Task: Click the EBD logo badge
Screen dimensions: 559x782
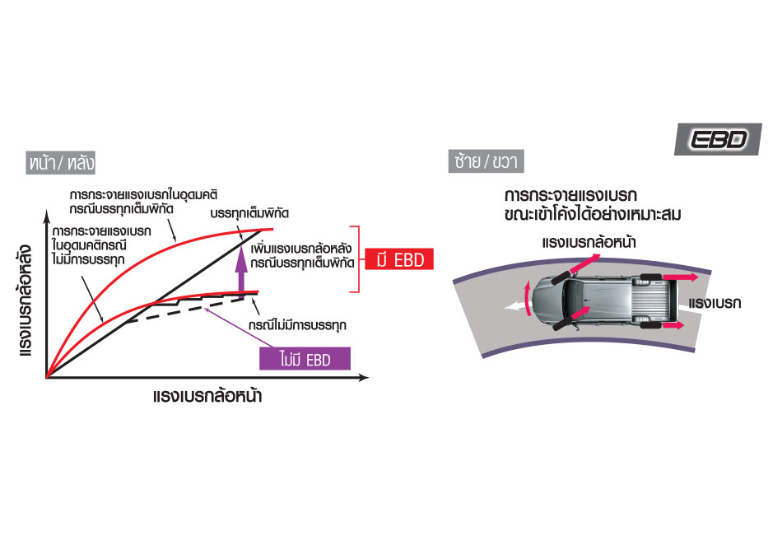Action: tap(713, 139)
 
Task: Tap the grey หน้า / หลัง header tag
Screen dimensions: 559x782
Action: tap(55, 161)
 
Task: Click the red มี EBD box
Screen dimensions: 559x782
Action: tap(398, 260)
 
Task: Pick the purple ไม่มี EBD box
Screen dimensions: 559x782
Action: tap(304, 359)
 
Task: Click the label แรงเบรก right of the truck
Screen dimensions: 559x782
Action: tap(716, 303)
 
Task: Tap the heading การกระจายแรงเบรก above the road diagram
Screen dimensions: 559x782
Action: tap(571, 198)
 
